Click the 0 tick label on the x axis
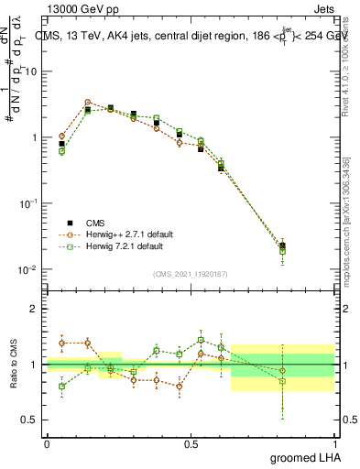47,442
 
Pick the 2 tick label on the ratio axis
33,309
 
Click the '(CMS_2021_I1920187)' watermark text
191,273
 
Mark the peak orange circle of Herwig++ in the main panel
87,103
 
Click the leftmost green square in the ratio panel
61,387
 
